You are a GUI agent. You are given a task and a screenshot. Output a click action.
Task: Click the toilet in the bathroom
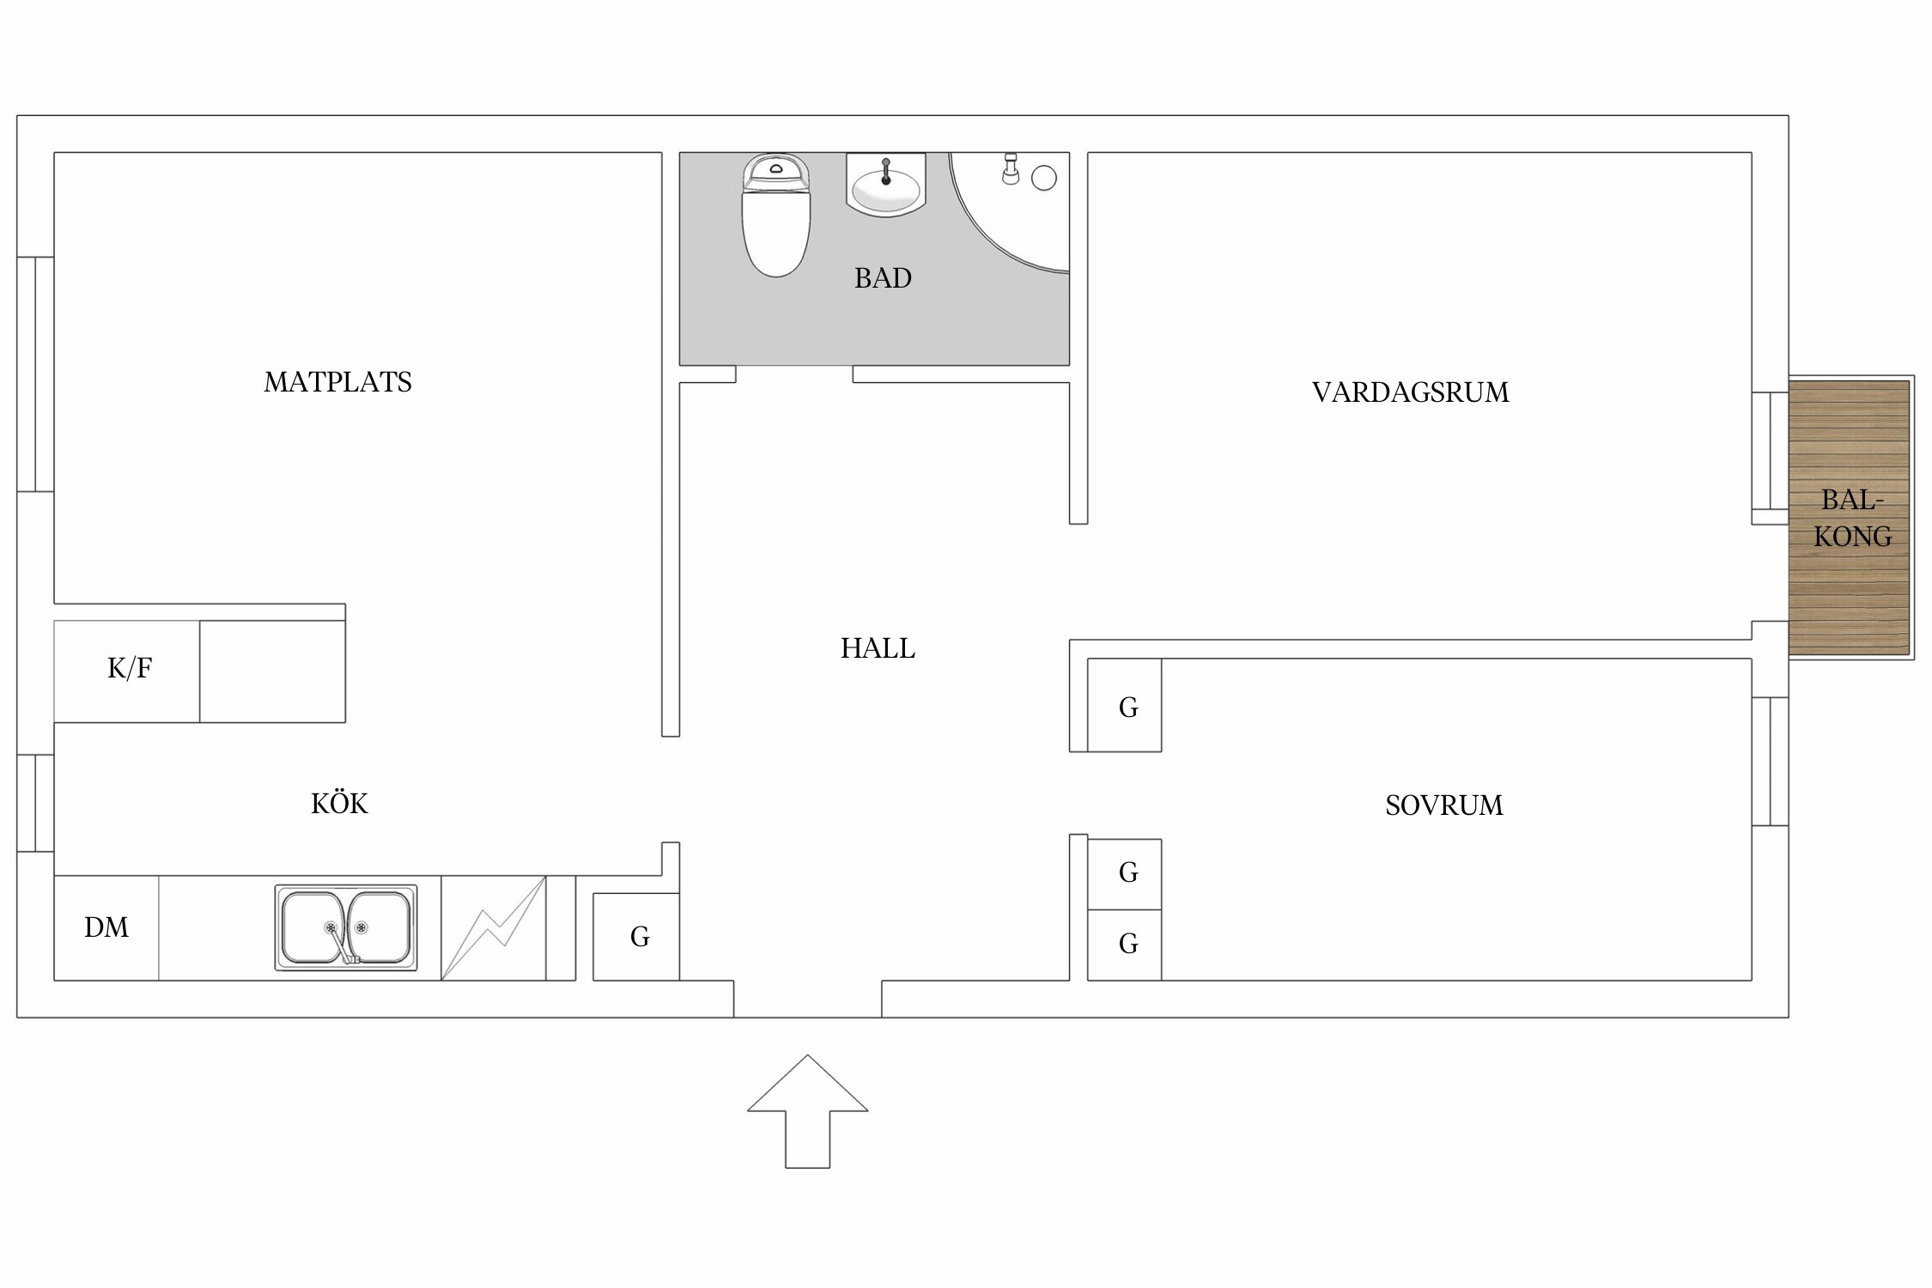[775, 219]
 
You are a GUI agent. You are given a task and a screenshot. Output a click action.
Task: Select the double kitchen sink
[346, 927]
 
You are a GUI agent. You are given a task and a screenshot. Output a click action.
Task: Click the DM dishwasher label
[106, 927]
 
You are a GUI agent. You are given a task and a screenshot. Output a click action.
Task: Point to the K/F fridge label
[130, 668]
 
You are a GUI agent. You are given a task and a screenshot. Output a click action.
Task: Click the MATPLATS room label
[337, 382]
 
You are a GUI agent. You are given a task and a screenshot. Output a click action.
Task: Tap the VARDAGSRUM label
[1410, 392]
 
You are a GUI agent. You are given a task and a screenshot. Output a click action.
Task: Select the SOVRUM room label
[1444, 805]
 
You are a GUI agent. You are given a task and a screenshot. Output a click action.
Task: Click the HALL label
[878, 648]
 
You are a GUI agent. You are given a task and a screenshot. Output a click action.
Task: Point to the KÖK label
[339, 804]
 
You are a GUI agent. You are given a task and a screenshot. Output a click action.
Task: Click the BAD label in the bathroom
[883, 278]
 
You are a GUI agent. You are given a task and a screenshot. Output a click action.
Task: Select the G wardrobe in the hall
[638, 937]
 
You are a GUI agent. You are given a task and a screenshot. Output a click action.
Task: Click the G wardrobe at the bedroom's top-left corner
[1127, 707]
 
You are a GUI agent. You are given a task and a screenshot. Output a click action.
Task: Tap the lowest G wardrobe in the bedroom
[1127, 944]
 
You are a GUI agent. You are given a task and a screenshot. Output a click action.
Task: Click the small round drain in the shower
[1043, 178]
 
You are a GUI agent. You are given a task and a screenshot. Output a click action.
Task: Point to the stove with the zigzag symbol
[494, 928]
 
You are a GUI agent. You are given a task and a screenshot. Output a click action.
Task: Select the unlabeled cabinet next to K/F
[272, 671]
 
